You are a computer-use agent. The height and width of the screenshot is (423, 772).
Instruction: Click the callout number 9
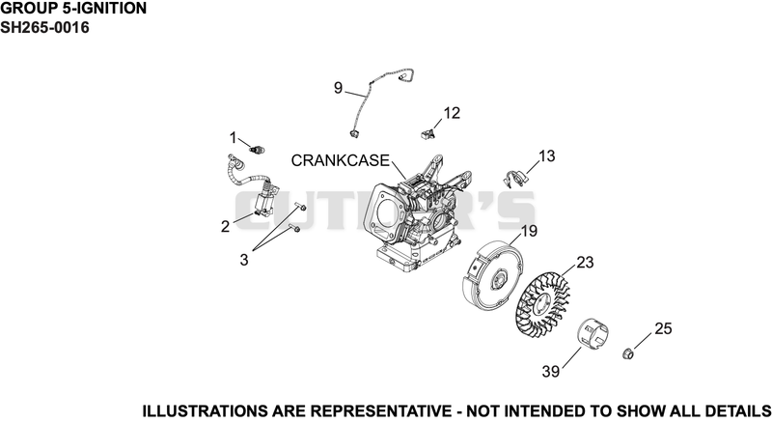(x=338, y=88)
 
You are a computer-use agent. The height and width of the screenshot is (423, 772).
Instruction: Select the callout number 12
(x=452, y=113)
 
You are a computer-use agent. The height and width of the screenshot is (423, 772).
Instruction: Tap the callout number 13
(x=546, y=155)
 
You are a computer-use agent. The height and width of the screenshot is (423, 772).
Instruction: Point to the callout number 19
(x=529, y=231)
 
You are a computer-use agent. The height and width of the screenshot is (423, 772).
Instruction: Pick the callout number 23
(x=585, y=263)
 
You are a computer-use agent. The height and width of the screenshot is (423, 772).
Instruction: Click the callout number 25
(x=663, y=328)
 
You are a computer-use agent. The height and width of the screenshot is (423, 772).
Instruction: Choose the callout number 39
(x=551, y=371)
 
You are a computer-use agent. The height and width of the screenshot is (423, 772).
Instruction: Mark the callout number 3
(x=244, y=260)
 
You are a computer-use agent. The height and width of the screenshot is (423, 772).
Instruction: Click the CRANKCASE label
(x=341, y=160)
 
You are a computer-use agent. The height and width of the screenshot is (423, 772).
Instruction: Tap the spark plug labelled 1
(x=258, y=149)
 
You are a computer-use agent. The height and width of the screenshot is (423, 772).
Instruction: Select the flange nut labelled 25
(x=628, y=353)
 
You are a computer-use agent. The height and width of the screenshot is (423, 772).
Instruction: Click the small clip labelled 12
(x=428, y=132)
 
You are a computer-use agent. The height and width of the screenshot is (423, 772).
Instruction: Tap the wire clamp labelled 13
(x=514, y=178)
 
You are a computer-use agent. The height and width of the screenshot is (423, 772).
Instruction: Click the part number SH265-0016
(x=44, y=28)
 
